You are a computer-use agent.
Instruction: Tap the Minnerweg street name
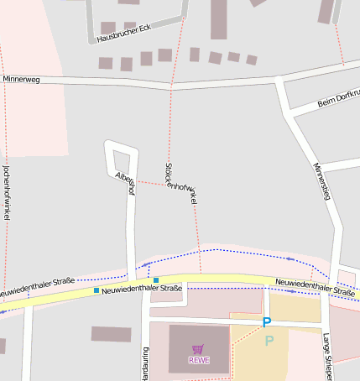(21, 79)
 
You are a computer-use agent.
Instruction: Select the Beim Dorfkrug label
(337, 98)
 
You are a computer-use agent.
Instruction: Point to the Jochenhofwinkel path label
(7, 192)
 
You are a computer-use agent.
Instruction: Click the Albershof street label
(125, 182)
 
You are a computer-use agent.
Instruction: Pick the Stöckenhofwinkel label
(180, 184)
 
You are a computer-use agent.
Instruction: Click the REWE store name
(199, 360)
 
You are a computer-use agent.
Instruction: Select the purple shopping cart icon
(199, 348)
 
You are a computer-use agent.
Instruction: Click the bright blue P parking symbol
(267, 322)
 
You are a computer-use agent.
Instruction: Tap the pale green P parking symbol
(269, 340)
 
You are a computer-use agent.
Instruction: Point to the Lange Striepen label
(326, 357)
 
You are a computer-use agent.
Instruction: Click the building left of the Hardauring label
(111, 334)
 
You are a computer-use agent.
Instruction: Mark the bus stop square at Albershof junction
(156, 279)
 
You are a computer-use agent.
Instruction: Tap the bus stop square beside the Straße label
(97, 290)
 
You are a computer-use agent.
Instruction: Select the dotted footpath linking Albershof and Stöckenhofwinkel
(151, 182)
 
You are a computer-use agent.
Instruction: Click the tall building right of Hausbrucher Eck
(219, 18)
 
